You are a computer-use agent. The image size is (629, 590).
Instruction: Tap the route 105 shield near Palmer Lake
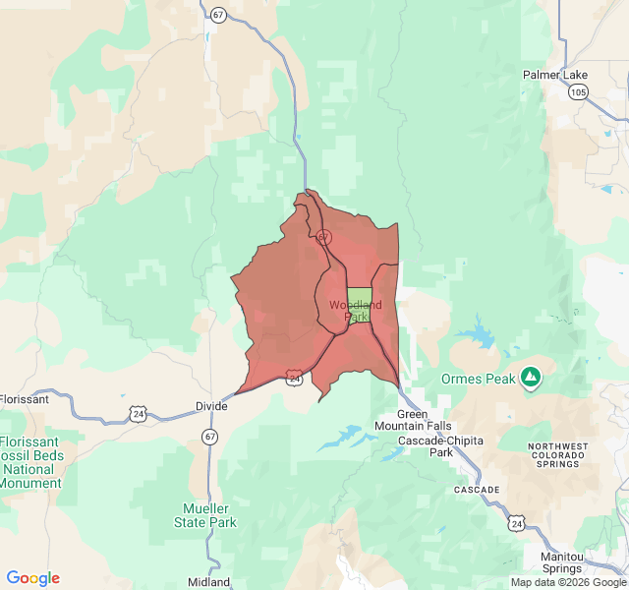pyautogui.click(x=579, y=92)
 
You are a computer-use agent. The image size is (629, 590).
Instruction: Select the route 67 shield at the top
pyautogui.click(x=216, y=14)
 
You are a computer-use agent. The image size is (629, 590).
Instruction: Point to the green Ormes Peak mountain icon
pyautogui.click(x=531, y=377)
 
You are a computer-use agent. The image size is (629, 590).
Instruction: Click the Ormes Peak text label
pyautogui.click(x=479, y=379)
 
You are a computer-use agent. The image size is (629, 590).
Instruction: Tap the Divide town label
pyautogui.click(x=210, y=406)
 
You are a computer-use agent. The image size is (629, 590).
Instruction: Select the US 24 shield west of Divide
pyautogui.click(x=137, y=415)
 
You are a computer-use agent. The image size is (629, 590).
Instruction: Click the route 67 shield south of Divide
pyautogui.click(x=210, y=436)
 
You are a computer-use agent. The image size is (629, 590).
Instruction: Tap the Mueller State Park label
pyautogui.click(x=209, y=515)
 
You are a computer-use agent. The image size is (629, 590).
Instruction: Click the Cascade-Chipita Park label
pyautogui.click(x=439, y=446)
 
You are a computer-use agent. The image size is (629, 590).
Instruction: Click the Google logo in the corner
pyautogui.click(x=32, y=578)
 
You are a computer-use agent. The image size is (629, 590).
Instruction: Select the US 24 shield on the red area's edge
pyautogui.click(x=295, y=377)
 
